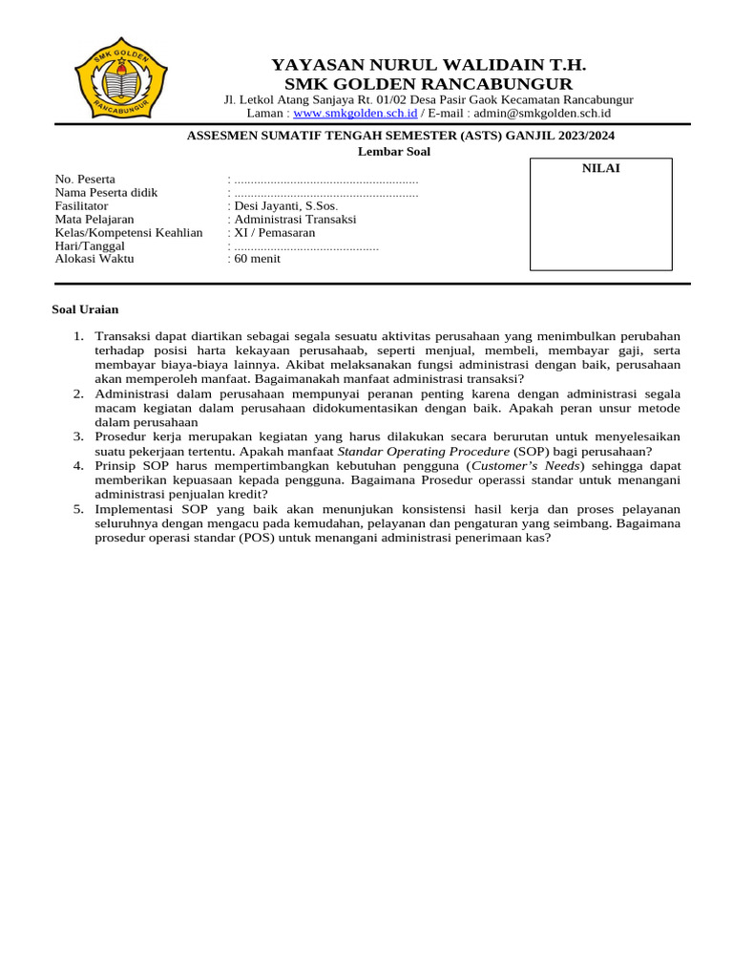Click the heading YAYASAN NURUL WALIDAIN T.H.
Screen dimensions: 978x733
click(429, 65)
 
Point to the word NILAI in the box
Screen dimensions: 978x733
click(601, 168)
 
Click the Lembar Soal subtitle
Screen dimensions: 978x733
click(394, 151)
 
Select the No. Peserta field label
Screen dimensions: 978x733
click(85, 179)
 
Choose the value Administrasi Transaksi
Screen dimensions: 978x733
click(295, 219)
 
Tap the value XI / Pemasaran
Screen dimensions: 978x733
click(274, 232)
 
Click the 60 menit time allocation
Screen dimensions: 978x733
click(258, 258)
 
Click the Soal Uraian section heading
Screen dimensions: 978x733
click(85, 309)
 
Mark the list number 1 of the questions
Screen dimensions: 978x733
click(78, 336)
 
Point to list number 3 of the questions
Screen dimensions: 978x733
click(78, 436)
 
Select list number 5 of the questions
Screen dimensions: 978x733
click(78, 509)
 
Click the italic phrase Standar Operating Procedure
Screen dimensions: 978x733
click(424, 451)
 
